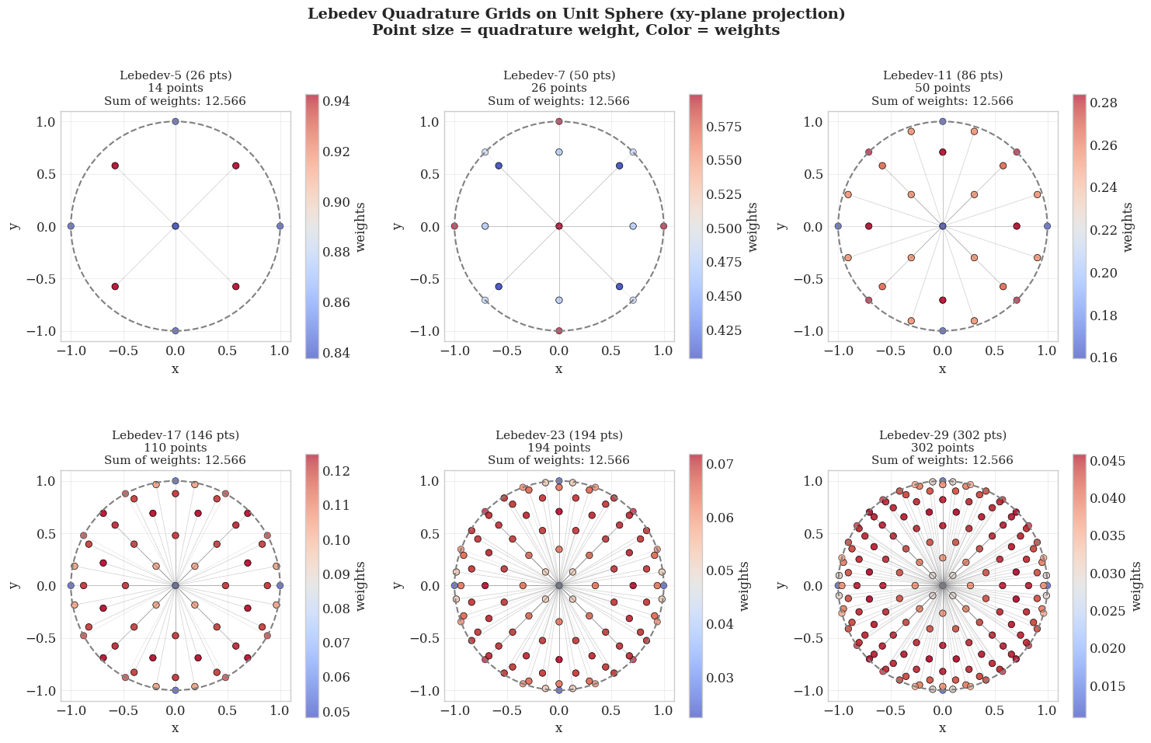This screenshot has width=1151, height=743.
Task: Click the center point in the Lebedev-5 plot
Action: tap(176, 226)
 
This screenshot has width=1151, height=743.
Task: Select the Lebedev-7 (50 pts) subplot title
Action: tap(558, 75)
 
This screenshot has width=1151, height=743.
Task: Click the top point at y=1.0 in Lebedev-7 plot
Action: tap(559, 121)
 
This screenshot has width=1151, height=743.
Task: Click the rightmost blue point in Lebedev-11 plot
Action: tap(1047, 226)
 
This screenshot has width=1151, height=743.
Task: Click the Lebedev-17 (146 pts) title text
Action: tap(176, 435)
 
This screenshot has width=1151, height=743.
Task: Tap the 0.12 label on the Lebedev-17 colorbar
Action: tap(334, 472)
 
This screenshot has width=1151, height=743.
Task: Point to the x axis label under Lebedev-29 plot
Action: tap(942, 728)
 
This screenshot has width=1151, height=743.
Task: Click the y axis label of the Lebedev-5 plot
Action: tap(14, 226)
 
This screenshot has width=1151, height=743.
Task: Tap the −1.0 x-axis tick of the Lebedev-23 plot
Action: tap(454, 710)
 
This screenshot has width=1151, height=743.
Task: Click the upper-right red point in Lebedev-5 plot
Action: tap(235, 166)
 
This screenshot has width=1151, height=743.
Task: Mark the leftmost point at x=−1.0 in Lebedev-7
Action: tap(454, 226)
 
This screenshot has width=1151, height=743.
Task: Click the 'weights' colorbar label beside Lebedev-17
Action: tap(361, 585)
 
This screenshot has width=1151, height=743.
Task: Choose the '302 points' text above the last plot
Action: tap(942, 448)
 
